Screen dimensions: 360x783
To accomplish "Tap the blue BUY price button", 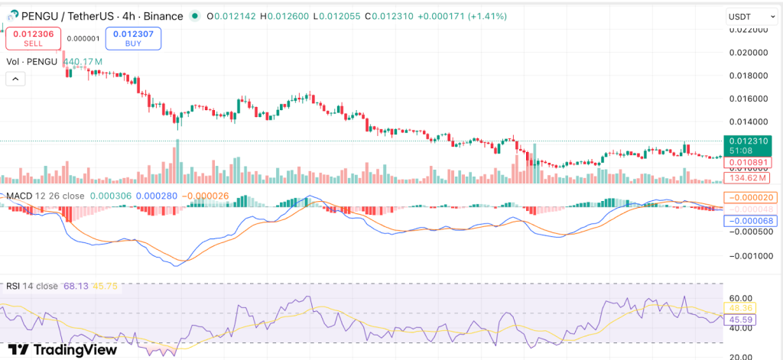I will pyautogui.click(x=133, y=38).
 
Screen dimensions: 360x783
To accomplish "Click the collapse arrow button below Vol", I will pyautogui.click(x=15, y=79).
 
